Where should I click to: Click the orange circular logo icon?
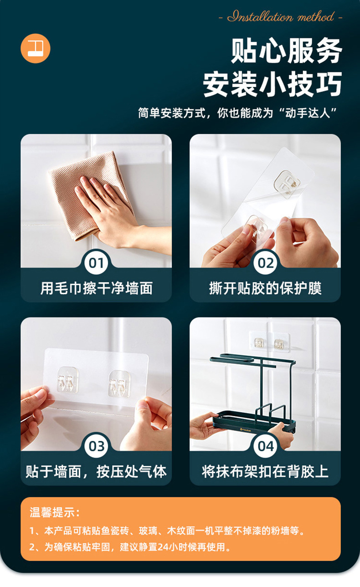point(36,48)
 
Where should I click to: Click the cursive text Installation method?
point(281,17)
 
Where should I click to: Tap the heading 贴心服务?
point(286,51)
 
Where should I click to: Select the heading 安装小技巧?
point(272,84)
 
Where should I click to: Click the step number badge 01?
point(96,263)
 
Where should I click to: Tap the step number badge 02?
point(265,263)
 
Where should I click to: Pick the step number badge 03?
point(96,446)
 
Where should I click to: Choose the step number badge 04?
point(265,446)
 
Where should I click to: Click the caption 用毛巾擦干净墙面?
point(97,288)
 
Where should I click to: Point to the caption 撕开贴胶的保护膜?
point(265,288)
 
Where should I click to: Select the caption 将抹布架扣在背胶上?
point(265,471)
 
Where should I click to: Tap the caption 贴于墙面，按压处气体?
point(96,471)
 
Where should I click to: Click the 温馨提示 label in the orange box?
point(54,512)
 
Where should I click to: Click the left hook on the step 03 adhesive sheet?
point(67,379)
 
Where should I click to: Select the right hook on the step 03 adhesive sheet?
point(119,383)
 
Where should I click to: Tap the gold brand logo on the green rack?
point(246,430)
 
